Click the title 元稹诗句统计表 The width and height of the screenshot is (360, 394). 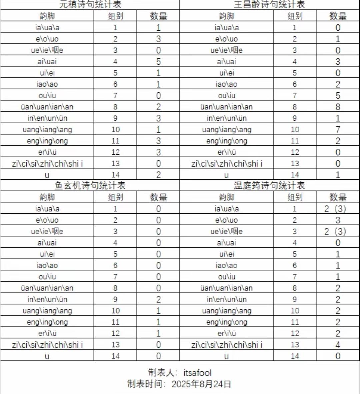coord(90,4)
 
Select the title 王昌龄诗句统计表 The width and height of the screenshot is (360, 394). coord(269,4)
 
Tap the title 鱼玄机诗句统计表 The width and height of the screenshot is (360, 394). coord(90,185)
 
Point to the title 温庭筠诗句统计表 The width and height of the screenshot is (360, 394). coord(269,185)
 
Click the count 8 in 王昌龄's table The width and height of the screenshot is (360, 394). coord(338,107)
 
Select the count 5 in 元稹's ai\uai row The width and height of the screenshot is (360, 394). coord(158,62)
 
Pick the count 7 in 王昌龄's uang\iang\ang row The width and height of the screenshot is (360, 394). coord(338,130)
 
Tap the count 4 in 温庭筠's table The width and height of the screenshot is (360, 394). coord(338,345)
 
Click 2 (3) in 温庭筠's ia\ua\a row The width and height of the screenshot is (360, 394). coord(335,209)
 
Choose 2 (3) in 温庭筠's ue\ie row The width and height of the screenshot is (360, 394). coord(335,232)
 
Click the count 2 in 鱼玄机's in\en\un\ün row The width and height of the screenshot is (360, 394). coord(158,299)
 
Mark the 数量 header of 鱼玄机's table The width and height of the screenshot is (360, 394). coord(158,197)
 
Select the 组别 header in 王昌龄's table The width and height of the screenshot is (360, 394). coord(295,16)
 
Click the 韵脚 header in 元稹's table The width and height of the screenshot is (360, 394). coord(47,16)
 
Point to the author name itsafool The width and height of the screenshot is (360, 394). coord(197,373)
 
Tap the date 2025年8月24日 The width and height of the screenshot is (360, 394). coord(201,384)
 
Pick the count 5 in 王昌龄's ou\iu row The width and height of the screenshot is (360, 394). coord(338,96)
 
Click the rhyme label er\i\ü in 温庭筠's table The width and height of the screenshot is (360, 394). coord(226,333)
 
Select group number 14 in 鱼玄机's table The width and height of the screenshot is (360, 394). coord(115,356)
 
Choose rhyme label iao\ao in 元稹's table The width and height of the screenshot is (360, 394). coord(47,84)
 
